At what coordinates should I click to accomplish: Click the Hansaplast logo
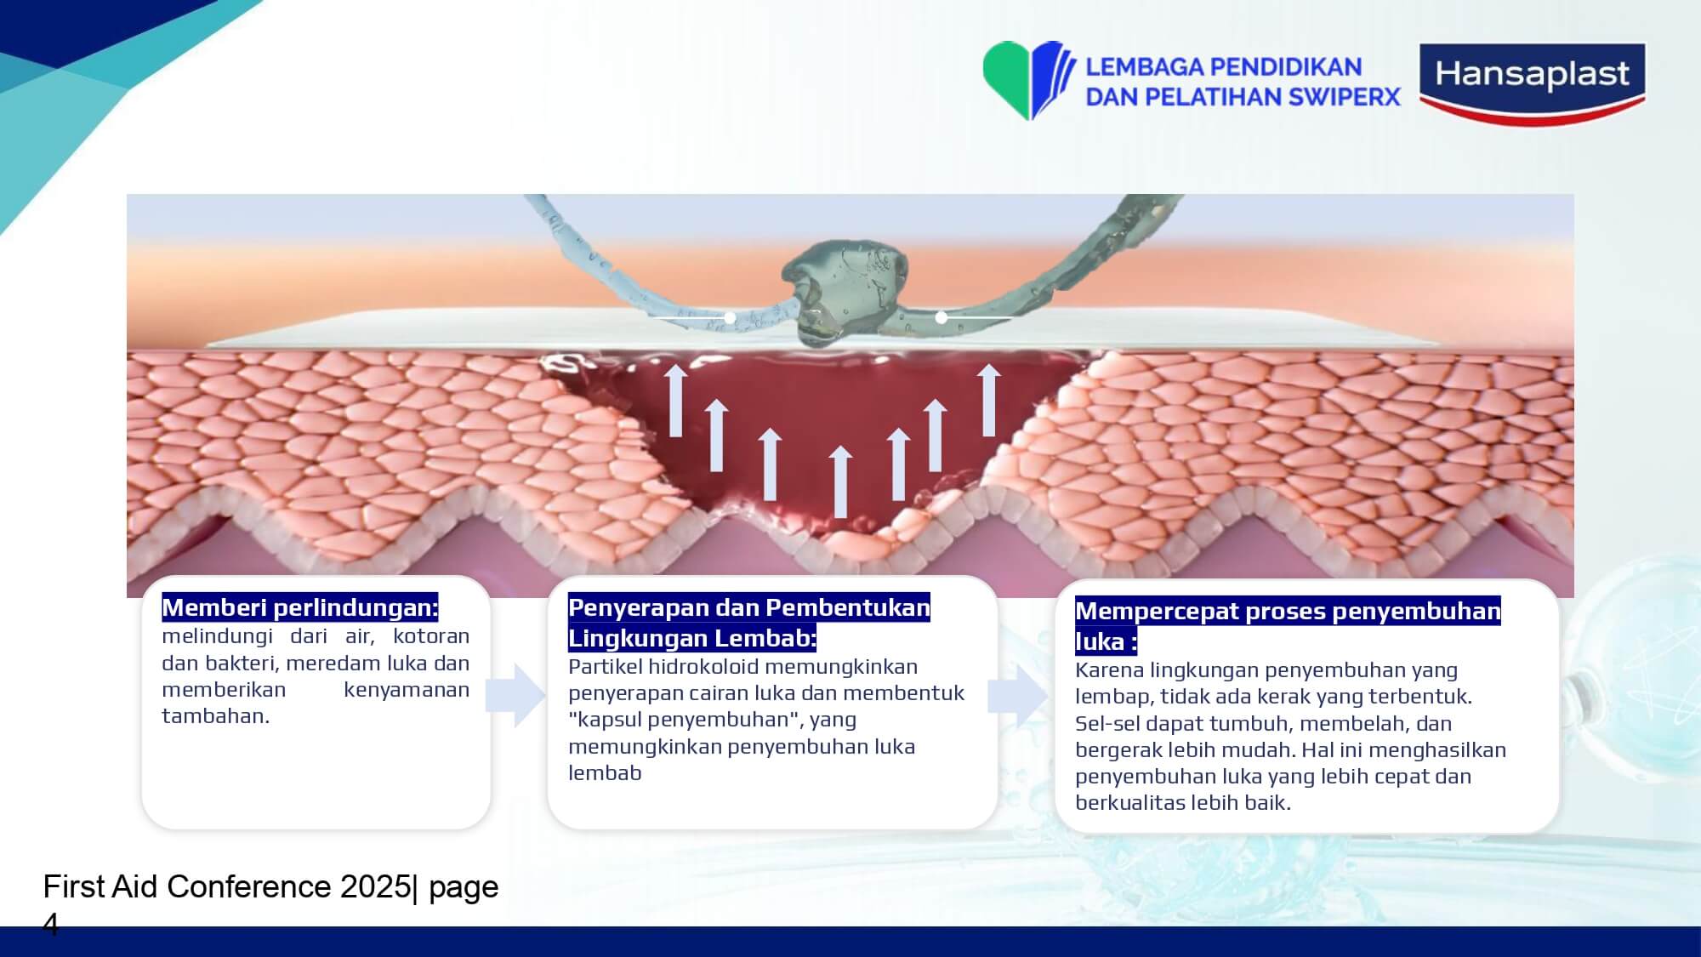point(1533,83)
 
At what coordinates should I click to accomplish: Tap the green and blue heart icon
point(1024,80)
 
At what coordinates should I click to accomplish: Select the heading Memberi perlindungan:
point(299,607)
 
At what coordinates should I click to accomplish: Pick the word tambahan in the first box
point(215,716)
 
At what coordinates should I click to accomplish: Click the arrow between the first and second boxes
point(515,695)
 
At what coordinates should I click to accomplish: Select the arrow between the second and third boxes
point(1018,695)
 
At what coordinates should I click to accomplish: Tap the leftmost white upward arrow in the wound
point(676,400)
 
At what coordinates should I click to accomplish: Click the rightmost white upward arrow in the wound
point(988,400)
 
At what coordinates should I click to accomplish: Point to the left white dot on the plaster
point(730,317)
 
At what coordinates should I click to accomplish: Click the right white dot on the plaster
point(941,317)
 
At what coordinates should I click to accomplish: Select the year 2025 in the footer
point(375,886)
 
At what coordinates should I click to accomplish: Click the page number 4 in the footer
point(50,924)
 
